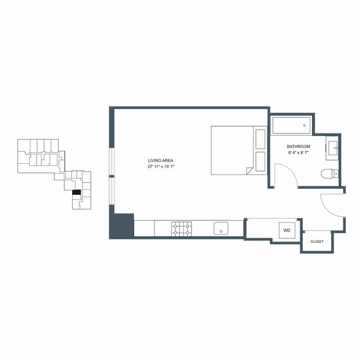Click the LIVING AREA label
pos(161,161)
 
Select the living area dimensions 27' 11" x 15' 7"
pos(161,167)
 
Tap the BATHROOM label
pos(299,146)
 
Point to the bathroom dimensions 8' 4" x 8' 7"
pos(299,153)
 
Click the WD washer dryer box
pos(287,230)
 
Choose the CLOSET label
pos(317,242)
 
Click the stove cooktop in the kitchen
pos(181,229)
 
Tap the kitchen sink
pos(221,228)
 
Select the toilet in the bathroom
pos(330,174)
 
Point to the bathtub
pos(292,126)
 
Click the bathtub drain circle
pos(304,126)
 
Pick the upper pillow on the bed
pos(260,139)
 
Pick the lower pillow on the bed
pos(260,161)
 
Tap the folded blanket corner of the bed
pos(249,171)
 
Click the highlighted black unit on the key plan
pos(77,192)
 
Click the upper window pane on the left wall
pos(112,161)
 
